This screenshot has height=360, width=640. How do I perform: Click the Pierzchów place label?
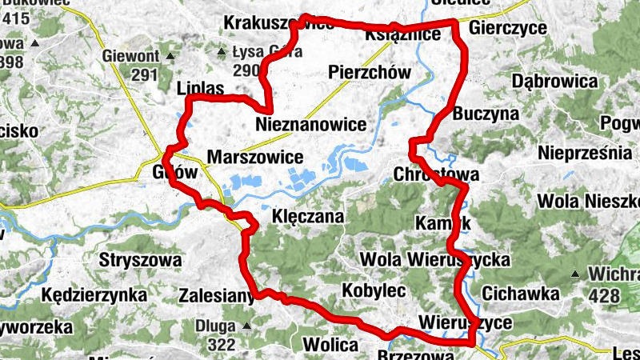pos(370,74)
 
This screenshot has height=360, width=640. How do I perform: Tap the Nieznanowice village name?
pos(311,124)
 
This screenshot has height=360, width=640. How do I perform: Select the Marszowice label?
pos(254,156)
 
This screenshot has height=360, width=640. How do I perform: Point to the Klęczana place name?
pos(308,217)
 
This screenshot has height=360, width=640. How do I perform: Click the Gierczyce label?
pos(509,29)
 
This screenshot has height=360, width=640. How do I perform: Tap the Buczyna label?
pos(486,114)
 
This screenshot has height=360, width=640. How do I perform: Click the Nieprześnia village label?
pos(586,152)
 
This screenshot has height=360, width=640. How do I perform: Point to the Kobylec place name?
pos(374,290)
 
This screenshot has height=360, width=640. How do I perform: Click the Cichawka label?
pos(521,294)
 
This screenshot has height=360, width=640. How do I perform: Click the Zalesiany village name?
pos(216,294)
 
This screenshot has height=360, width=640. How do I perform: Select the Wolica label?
pos(330,346)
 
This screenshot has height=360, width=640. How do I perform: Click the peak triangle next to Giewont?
pos(170,56)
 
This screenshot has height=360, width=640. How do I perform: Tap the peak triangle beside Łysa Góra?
pos(222,53)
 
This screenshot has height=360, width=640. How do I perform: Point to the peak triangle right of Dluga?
pos(246,326)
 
